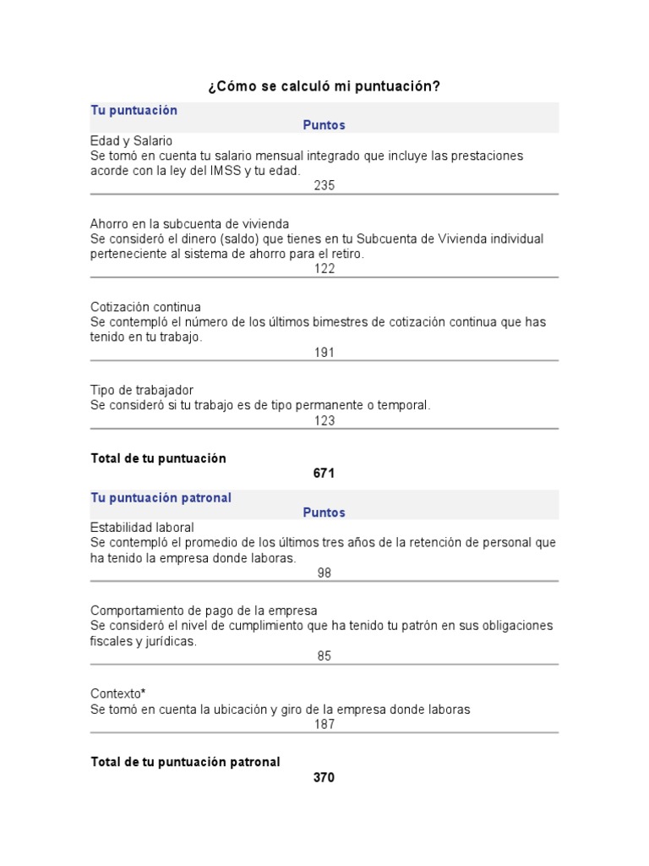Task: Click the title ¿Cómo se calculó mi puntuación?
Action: [324, 87]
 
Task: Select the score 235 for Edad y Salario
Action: [324, 185]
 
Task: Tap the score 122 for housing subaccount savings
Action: [324, 269]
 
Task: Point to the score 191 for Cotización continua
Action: [324, 352]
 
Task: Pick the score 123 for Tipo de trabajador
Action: [324, 420]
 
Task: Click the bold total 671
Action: [324, 474]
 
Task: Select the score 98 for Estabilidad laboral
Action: [324, 573]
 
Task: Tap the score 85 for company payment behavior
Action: [324, 655]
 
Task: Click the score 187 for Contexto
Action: [324, 724]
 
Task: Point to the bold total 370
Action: [324, 777]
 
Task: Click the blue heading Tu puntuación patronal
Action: [161, 498]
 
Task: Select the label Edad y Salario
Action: [131, 141]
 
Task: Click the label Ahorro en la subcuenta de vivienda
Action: [189, 224]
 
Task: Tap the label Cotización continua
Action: [145, 307]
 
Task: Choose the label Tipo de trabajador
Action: [142, 390]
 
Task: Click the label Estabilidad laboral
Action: [142, 528]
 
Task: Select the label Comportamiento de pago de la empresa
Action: [204, 611]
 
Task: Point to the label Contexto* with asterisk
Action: [118, 693]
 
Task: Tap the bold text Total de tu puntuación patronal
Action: [185, 762]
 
